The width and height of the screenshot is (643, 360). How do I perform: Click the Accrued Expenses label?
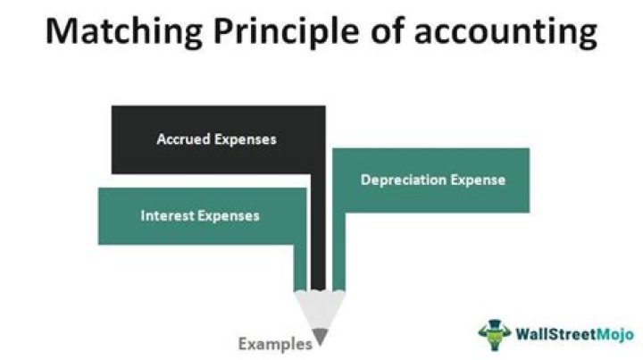point(216,139)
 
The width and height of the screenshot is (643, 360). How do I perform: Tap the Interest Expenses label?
point(200,215)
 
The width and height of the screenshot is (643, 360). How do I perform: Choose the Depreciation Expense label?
point(433,180)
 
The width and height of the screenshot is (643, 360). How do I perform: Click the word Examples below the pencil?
point(275,343)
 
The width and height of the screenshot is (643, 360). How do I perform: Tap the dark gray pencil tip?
point(320,336)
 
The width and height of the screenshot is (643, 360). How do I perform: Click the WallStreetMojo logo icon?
point(491,333)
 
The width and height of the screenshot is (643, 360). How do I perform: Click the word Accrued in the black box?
point(183,139)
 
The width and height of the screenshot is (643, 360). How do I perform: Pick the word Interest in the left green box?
point(167,215)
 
